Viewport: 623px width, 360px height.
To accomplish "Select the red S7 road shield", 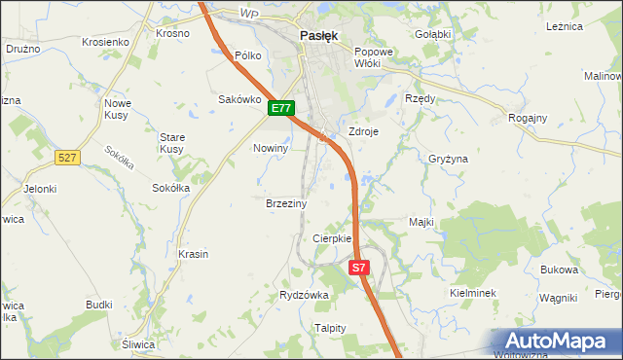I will pos(359,267).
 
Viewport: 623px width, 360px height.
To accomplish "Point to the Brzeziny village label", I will pos(286,204).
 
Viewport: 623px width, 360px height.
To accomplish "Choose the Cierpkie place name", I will pos(331,238).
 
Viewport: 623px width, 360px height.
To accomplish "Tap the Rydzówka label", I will pos(304,294).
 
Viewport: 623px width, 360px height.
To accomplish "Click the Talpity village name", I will pos(330,328).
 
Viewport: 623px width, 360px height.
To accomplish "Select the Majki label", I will pos(421,223).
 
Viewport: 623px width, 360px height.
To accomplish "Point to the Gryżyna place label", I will pos(449,158).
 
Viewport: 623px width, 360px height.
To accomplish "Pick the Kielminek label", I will pos(474,292).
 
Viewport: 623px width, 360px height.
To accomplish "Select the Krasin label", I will pos(194,254).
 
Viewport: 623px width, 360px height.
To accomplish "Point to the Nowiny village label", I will pos(271,148).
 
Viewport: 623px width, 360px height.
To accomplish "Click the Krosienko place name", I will pos(106,43).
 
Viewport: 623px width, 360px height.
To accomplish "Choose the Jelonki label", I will pos(41,189).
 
